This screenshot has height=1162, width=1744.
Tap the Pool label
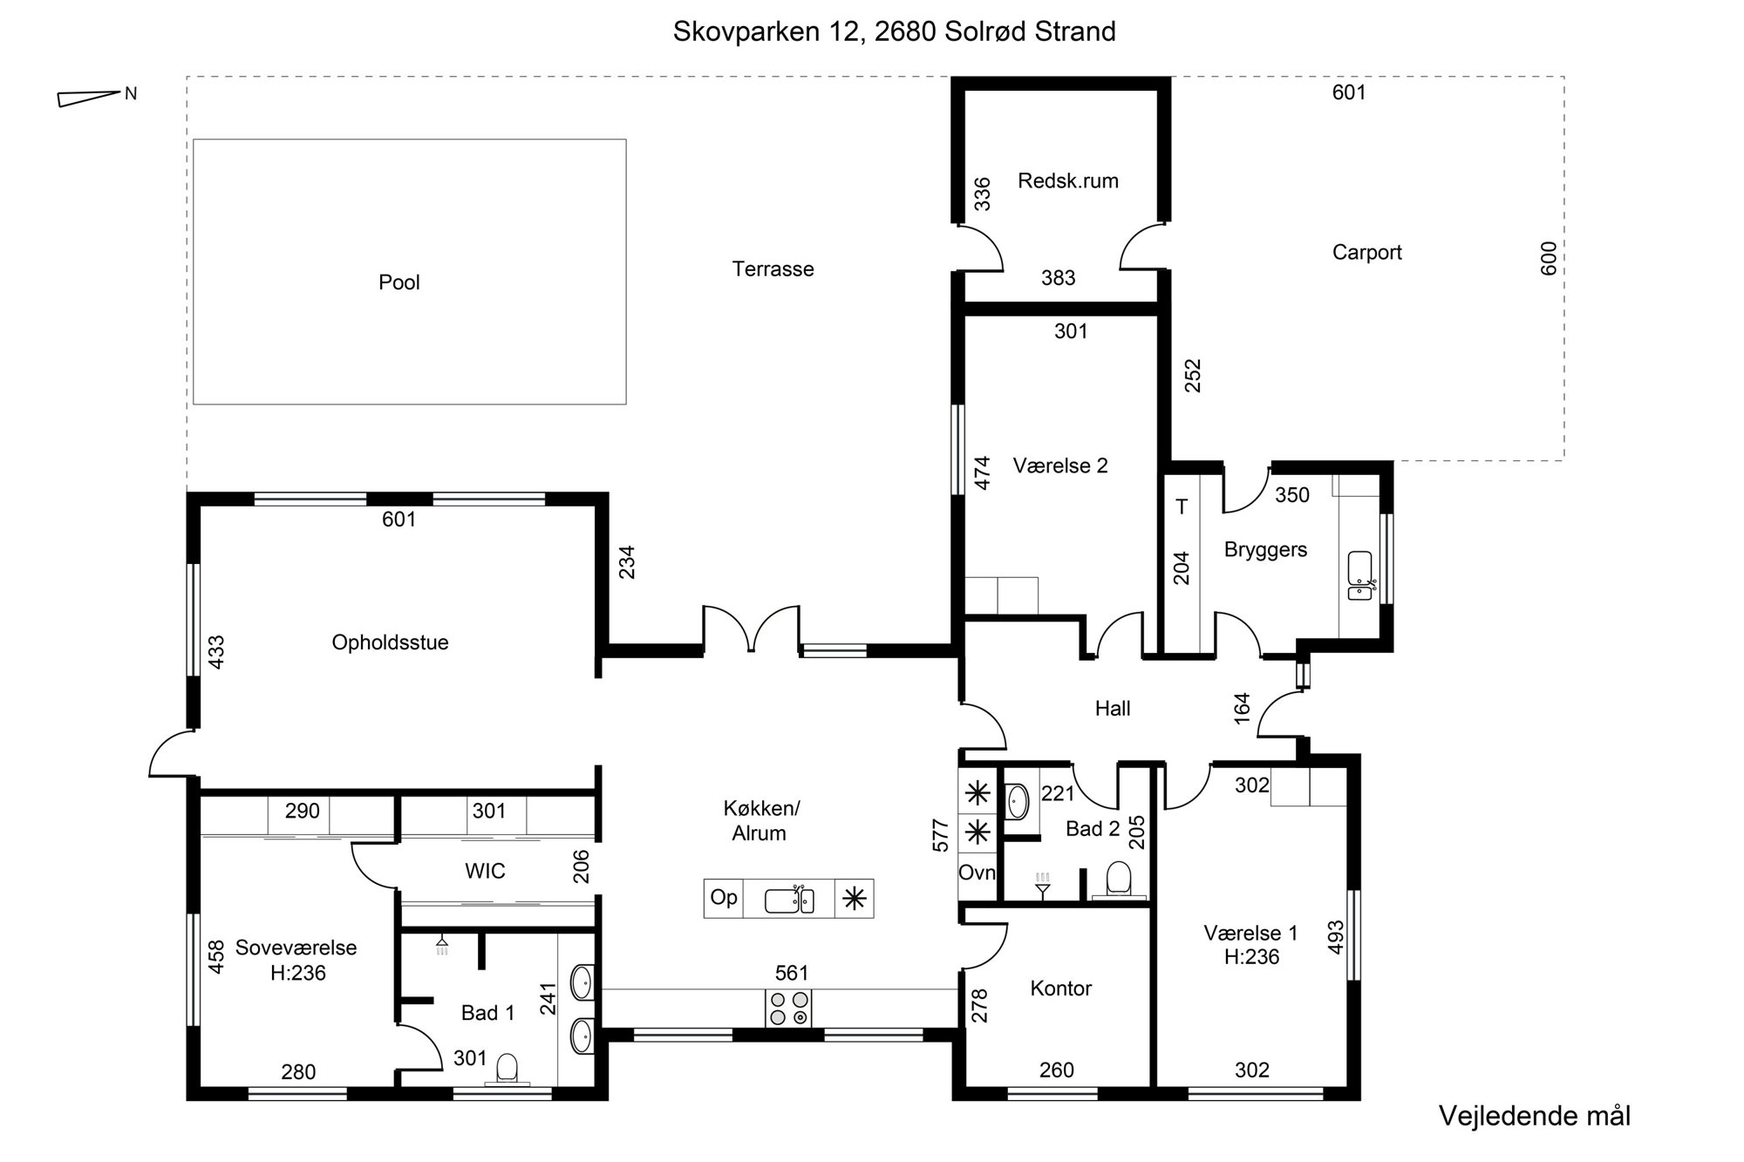coord(399,282)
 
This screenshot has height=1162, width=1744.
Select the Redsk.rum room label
coord(1068,181)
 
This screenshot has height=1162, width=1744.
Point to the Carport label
coord(1367,253)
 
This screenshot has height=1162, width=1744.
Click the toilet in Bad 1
coord(507,1069)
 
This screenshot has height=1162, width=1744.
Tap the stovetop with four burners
coord(788,1009)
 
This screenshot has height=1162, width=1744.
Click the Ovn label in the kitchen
coord(977,873)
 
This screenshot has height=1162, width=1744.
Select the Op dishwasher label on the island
coord(724,897)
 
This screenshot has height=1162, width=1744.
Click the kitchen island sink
coord(789,900)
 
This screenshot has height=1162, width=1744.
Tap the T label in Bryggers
coord(1182,506)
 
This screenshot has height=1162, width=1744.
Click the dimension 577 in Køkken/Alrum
coord(940,835)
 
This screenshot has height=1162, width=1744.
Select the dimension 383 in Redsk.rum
coord(1059,278)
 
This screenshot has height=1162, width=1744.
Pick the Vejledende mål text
coord(1535,1116)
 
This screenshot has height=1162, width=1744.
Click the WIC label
coord(485,871)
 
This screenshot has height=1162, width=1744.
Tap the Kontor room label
coord(1061,989)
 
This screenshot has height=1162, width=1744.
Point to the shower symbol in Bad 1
coord(443,946)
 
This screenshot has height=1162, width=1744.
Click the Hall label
coord(1113,709)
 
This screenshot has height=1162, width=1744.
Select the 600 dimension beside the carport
coord(1549,259)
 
